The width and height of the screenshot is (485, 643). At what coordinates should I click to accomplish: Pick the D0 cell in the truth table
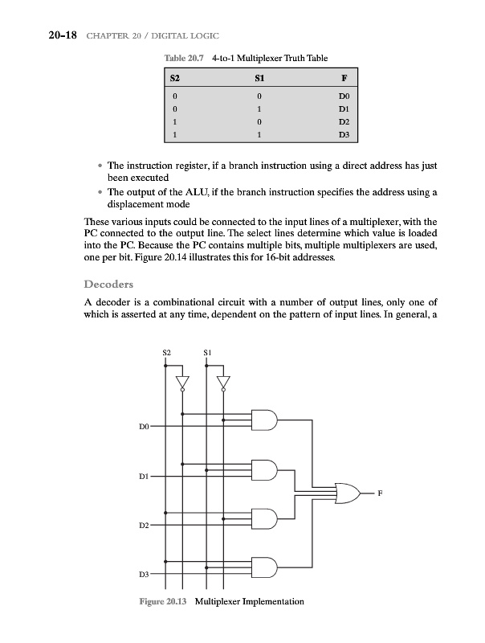coord(343,96)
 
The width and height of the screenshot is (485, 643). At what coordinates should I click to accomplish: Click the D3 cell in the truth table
coord(343,136)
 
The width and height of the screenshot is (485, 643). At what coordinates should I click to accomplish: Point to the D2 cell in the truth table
coord(343,123)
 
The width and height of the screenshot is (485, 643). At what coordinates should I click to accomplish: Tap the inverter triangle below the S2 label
coord(182,382)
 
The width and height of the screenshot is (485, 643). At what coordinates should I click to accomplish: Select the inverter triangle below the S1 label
coord(223,382)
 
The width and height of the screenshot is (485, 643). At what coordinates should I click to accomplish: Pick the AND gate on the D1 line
coord(264,470)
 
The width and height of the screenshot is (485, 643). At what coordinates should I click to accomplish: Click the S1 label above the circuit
coord(207,352)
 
